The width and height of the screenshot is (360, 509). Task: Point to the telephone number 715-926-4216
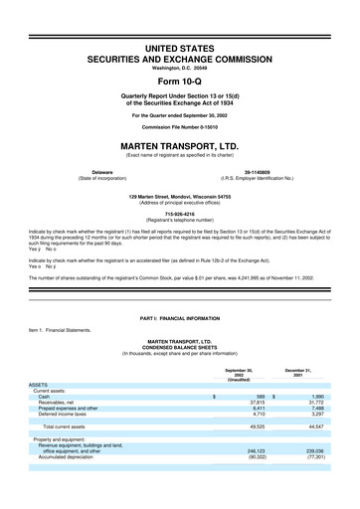tap(179, 212)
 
